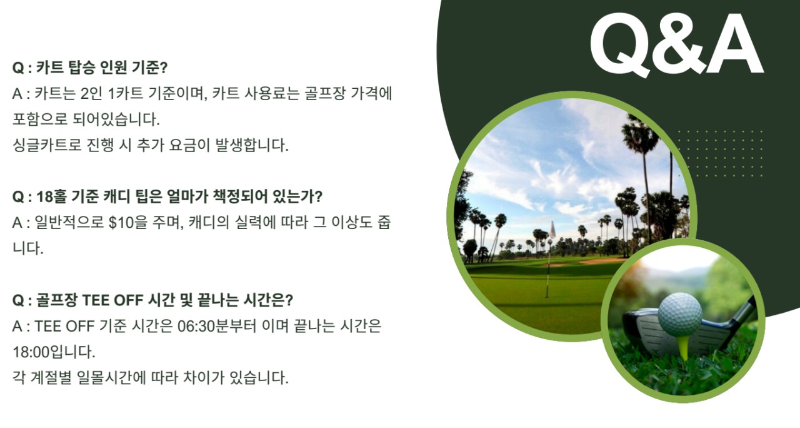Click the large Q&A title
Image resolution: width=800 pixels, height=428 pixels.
click(x=676, y=44)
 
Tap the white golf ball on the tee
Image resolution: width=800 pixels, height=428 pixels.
click(x=680, y=314)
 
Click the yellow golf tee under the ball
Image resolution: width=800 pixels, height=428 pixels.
click(x=683, y=346)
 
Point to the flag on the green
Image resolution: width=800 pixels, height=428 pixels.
click(x=552, y=230)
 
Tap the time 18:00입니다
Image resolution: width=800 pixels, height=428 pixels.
click(x=54, y=352)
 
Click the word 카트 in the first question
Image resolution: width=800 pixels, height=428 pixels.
click(x=50, y=68)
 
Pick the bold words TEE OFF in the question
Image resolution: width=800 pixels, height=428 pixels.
click(x=113, y=300)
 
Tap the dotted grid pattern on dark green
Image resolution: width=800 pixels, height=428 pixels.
click(x=721, y=153)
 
